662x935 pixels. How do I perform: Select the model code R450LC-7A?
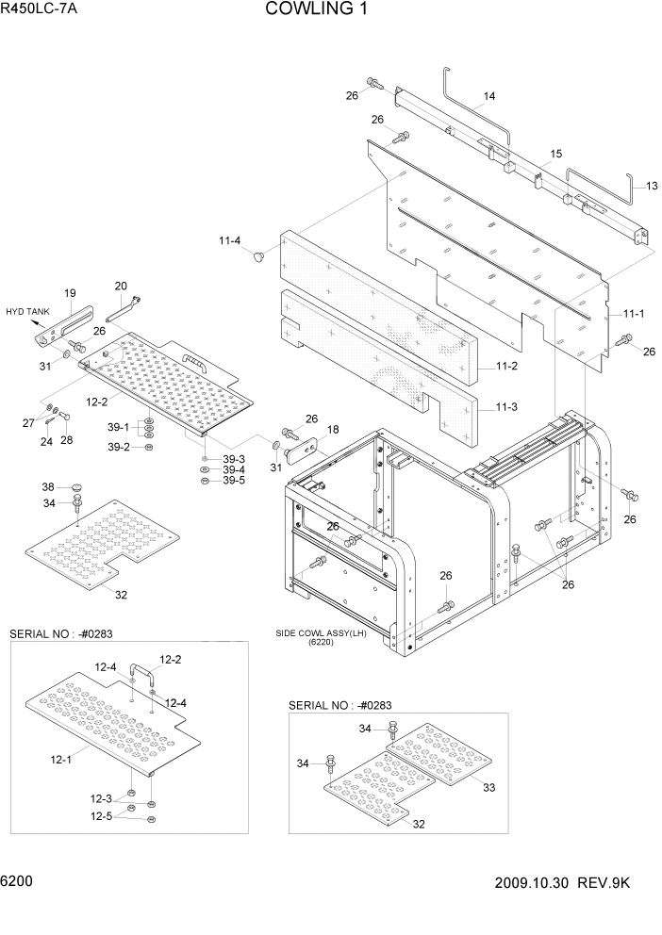click(40, 9)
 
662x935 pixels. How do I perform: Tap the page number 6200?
click(18, 882)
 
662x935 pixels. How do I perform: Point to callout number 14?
click(489, 96)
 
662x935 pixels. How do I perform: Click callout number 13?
click(651, 186)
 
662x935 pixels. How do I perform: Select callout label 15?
click(555, 154)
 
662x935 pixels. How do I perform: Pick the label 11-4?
click(230, 242)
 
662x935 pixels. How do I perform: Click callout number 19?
click(69, 293)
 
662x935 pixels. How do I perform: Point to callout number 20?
click(121, 286)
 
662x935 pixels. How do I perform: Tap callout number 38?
click(48, 487)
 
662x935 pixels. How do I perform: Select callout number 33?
click(489, 788)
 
